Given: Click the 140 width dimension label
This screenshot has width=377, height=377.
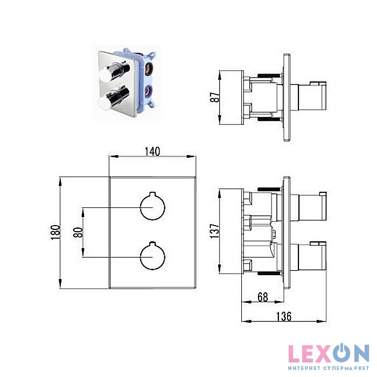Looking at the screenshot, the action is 152,152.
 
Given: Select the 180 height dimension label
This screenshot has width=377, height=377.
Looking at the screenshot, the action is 55,232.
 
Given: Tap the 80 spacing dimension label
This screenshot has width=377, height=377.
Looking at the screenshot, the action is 78,232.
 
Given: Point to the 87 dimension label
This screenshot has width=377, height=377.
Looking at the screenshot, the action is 215,97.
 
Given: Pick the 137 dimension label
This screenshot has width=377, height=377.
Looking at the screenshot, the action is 215,231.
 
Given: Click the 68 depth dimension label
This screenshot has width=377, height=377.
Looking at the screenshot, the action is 263,297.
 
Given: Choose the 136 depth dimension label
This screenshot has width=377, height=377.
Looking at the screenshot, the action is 284,317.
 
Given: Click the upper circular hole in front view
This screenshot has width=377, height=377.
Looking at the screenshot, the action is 152,206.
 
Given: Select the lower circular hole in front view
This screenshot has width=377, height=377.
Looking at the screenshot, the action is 152,256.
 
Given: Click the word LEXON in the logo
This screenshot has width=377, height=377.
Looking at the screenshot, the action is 329,353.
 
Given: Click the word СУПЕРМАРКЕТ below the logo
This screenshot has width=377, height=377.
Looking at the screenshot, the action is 346,368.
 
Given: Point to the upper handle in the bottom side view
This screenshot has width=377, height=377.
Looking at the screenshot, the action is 309,206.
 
